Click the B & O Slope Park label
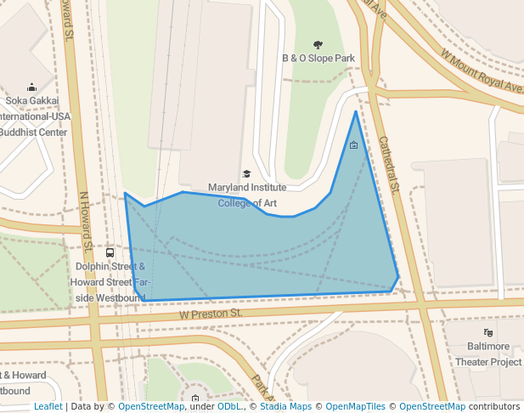318,59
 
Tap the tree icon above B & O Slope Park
318,44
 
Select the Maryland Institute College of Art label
247,195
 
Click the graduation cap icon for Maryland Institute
247,173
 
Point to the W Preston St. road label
211,314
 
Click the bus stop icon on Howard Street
110,252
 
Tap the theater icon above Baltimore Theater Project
488,332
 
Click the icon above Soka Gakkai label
32,87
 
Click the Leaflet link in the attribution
48,407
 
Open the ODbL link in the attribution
228,407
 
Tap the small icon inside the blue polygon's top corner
353,145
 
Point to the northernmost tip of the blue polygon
356,111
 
